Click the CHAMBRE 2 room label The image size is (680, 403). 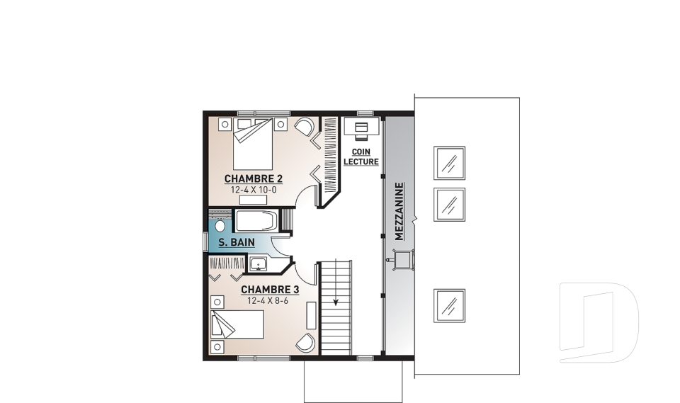pos(254,178)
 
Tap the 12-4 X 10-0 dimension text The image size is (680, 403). pos(254,190)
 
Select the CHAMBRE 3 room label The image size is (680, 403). pos(270,290)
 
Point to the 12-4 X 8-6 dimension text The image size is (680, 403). pos(268,300)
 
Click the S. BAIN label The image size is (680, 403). pos(237,242)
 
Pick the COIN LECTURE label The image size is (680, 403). pos(361,157)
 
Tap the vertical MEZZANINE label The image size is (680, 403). pos(399,211)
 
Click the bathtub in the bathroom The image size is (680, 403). pos(256,220)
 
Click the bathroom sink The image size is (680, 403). pos(259,263)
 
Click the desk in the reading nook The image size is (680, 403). pos(362,127)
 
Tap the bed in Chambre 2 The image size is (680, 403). pos(253,144)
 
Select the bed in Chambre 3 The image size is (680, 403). pos(237,324)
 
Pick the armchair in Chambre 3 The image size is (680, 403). pos(306,343)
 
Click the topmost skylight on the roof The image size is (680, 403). pos(449,163)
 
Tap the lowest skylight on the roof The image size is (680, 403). pos(449,306)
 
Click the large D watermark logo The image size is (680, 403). pos(599,322)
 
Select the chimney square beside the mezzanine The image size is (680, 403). pos(403,260)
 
